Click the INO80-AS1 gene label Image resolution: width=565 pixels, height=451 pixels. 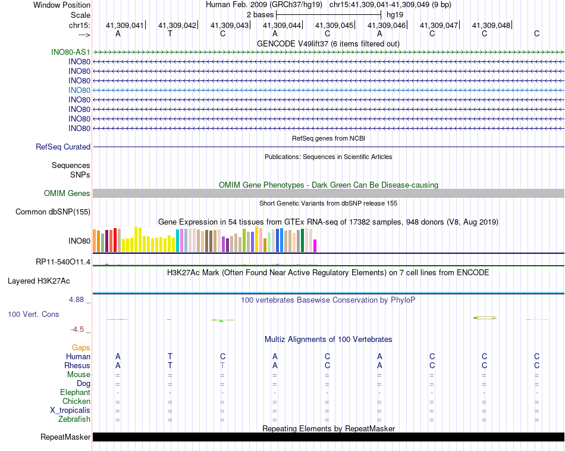71,52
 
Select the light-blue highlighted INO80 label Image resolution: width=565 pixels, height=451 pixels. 79,90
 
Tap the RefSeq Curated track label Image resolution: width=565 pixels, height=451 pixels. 63,147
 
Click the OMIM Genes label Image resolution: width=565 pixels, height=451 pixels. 67,193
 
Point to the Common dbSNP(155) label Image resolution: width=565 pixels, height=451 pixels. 53,211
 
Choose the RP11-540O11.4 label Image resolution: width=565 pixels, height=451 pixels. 63,262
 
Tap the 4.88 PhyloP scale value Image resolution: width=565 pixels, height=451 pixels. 78,300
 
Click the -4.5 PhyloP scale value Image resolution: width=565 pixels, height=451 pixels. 80,329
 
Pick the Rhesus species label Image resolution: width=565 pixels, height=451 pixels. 77,365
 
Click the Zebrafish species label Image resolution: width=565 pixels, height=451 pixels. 74,419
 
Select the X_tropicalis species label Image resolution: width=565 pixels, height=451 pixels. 70,410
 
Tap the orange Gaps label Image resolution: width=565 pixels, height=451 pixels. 81,347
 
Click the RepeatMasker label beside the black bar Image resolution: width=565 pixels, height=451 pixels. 65,437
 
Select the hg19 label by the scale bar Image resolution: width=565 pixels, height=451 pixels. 395,14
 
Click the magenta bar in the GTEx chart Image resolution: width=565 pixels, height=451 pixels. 315,245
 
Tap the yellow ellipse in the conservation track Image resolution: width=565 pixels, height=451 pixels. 484,318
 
